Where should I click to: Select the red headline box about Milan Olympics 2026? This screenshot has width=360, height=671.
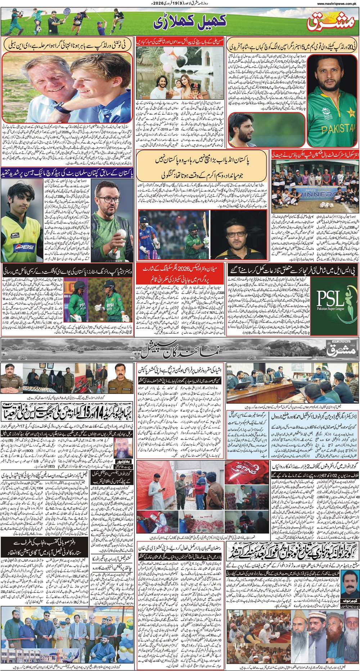(180, 283)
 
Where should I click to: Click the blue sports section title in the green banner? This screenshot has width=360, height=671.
(190, 22)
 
